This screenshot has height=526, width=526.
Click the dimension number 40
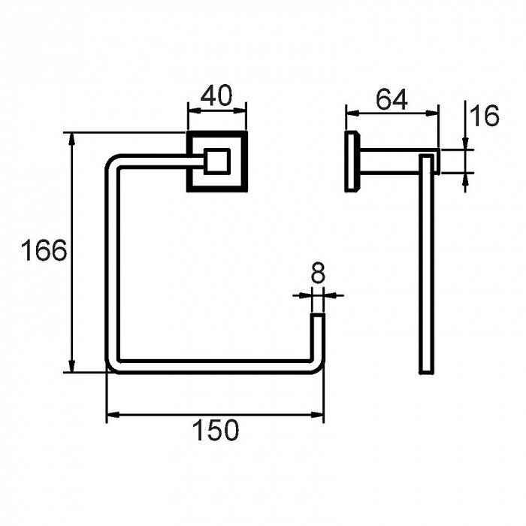click(x=216, y=95)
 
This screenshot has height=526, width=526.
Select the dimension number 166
click(x=44, y=250)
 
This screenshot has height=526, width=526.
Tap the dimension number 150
click(x=216, y=430)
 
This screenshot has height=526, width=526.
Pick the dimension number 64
click(x=391, y=99)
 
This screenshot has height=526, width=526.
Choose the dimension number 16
click(x=485, y=116)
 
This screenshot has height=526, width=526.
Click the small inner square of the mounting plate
click(x=217, y=161)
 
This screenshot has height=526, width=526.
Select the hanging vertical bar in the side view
click(x=427, y=264)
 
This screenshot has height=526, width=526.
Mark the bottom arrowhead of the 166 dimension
click(x=71, y=366)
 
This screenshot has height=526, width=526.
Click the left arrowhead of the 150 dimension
click(x=113, y=415)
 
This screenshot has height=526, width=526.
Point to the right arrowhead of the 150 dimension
click(x=317, y=415)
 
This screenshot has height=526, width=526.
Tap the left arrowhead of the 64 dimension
click(x=352, y=113)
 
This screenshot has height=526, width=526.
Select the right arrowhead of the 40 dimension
click(x=240, y=110)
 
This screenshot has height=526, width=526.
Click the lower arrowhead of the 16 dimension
click(x=465, y=180)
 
